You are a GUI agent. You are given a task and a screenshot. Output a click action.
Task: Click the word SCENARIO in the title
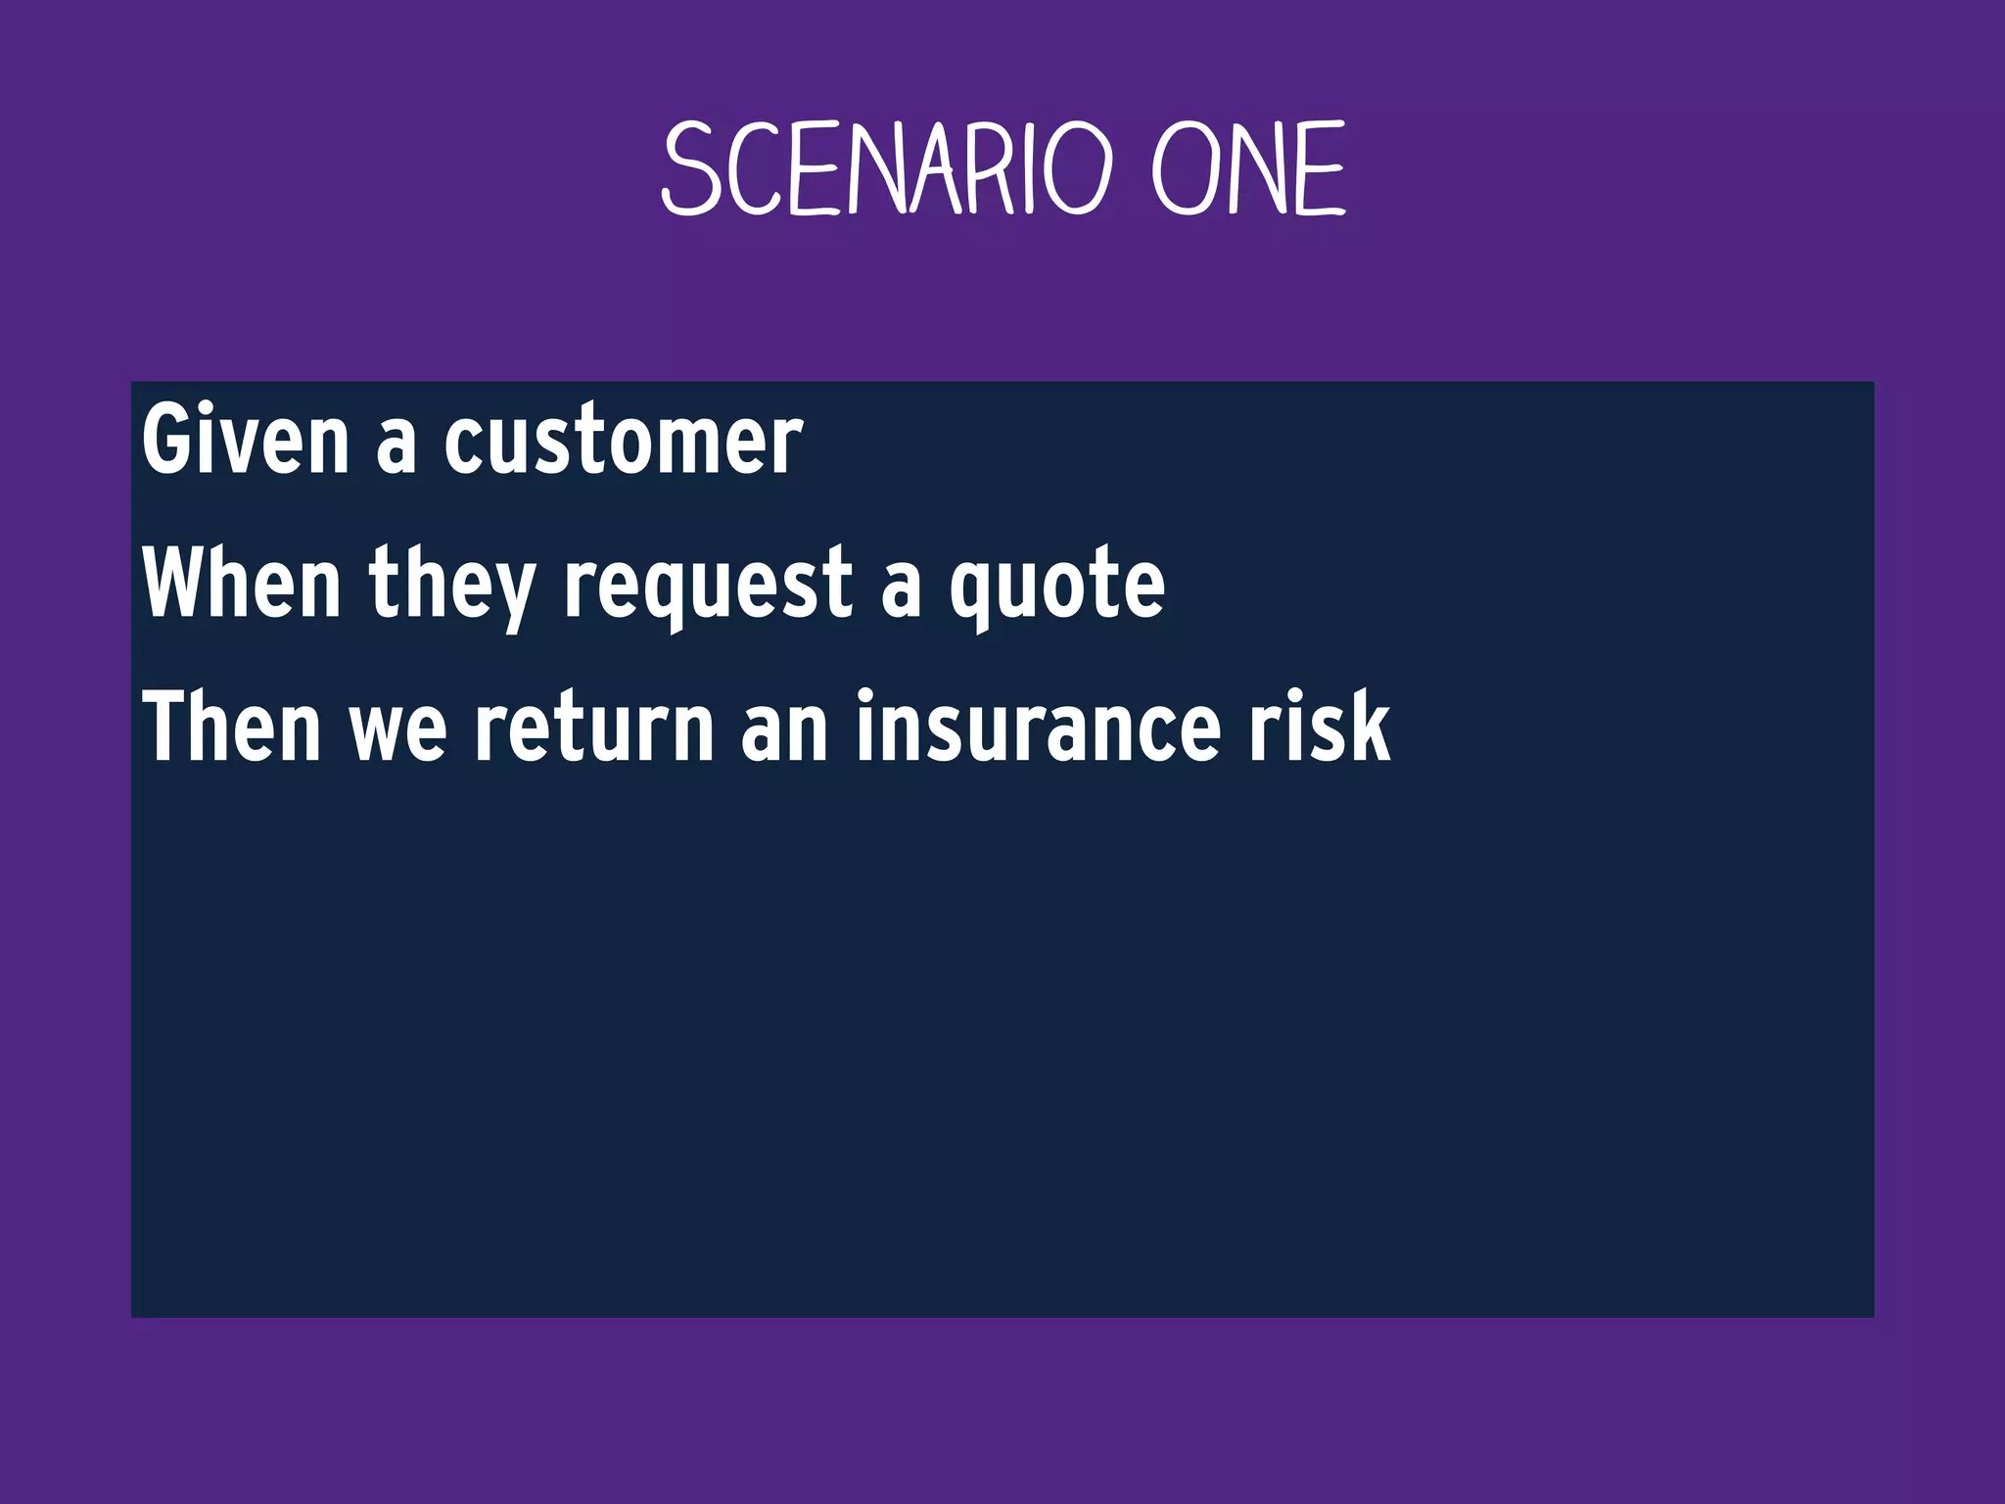coord(887,169)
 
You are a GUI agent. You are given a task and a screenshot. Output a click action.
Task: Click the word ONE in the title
coord(1247,169)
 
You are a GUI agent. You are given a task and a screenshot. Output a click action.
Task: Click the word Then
coord(232,727)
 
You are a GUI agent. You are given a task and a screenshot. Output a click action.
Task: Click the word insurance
coord(1038,727)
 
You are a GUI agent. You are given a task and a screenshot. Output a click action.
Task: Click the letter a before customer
coord(396,446)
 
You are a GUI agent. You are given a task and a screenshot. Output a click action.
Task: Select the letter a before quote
coord(901,588)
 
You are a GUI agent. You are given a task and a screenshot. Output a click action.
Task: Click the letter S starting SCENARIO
coord(691,169)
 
